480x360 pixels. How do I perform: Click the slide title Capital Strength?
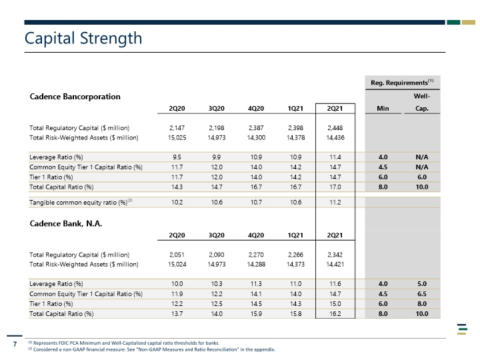pyautogui.click(x=83, y=38)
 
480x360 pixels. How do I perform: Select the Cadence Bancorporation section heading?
pyautogui.click(x=75, y=97)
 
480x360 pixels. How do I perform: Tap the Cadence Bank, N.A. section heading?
pyautogui.click(x=66, y=224)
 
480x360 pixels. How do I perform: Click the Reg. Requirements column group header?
pyautogui.click(x=402, y=83)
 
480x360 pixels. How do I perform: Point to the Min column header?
pyautogui.click(x=383, y=109)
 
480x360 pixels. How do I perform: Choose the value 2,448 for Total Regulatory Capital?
pyautogui.click(x=335, y=128)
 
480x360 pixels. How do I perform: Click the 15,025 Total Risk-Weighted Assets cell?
pyautogui.click(x=177, y=138)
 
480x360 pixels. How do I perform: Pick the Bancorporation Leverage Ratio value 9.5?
pyautogui.click(x=177, y=157)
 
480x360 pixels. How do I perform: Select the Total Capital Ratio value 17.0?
pyautogui.click(x=335, y=187)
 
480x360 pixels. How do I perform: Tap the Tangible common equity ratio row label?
pyautogui.click(x=81, y=203)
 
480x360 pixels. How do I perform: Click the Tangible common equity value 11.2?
pyautogui.click(x=335, y=203)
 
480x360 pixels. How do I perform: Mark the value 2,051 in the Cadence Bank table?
pyautogui.click(x=177, y=255)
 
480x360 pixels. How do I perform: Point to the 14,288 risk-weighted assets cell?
pyautogui.click(x=256, y=265)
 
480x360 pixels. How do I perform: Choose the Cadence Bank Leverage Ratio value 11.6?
pyautogui.click(x=335, y=284)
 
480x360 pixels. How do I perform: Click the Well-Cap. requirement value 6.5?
pyautogui.click(x=422, y=294)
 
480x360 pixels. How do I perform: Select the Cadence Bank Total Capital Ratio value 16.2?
pyautogui.click(x=335, y=314)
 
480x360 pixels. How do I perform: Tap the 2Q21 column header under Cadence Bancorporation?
pyautogui.click(x=335, y=109)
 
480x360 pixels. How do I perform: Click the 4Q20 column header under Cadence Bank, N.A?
pyautogui.click(x=256, y=235)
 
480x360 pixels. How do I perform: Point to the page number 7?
pyautogui.click(x=15, y=345)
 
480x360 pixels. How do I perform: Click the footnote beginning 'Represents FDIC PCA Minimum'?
pyautogui.click(x=124, y=343)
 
